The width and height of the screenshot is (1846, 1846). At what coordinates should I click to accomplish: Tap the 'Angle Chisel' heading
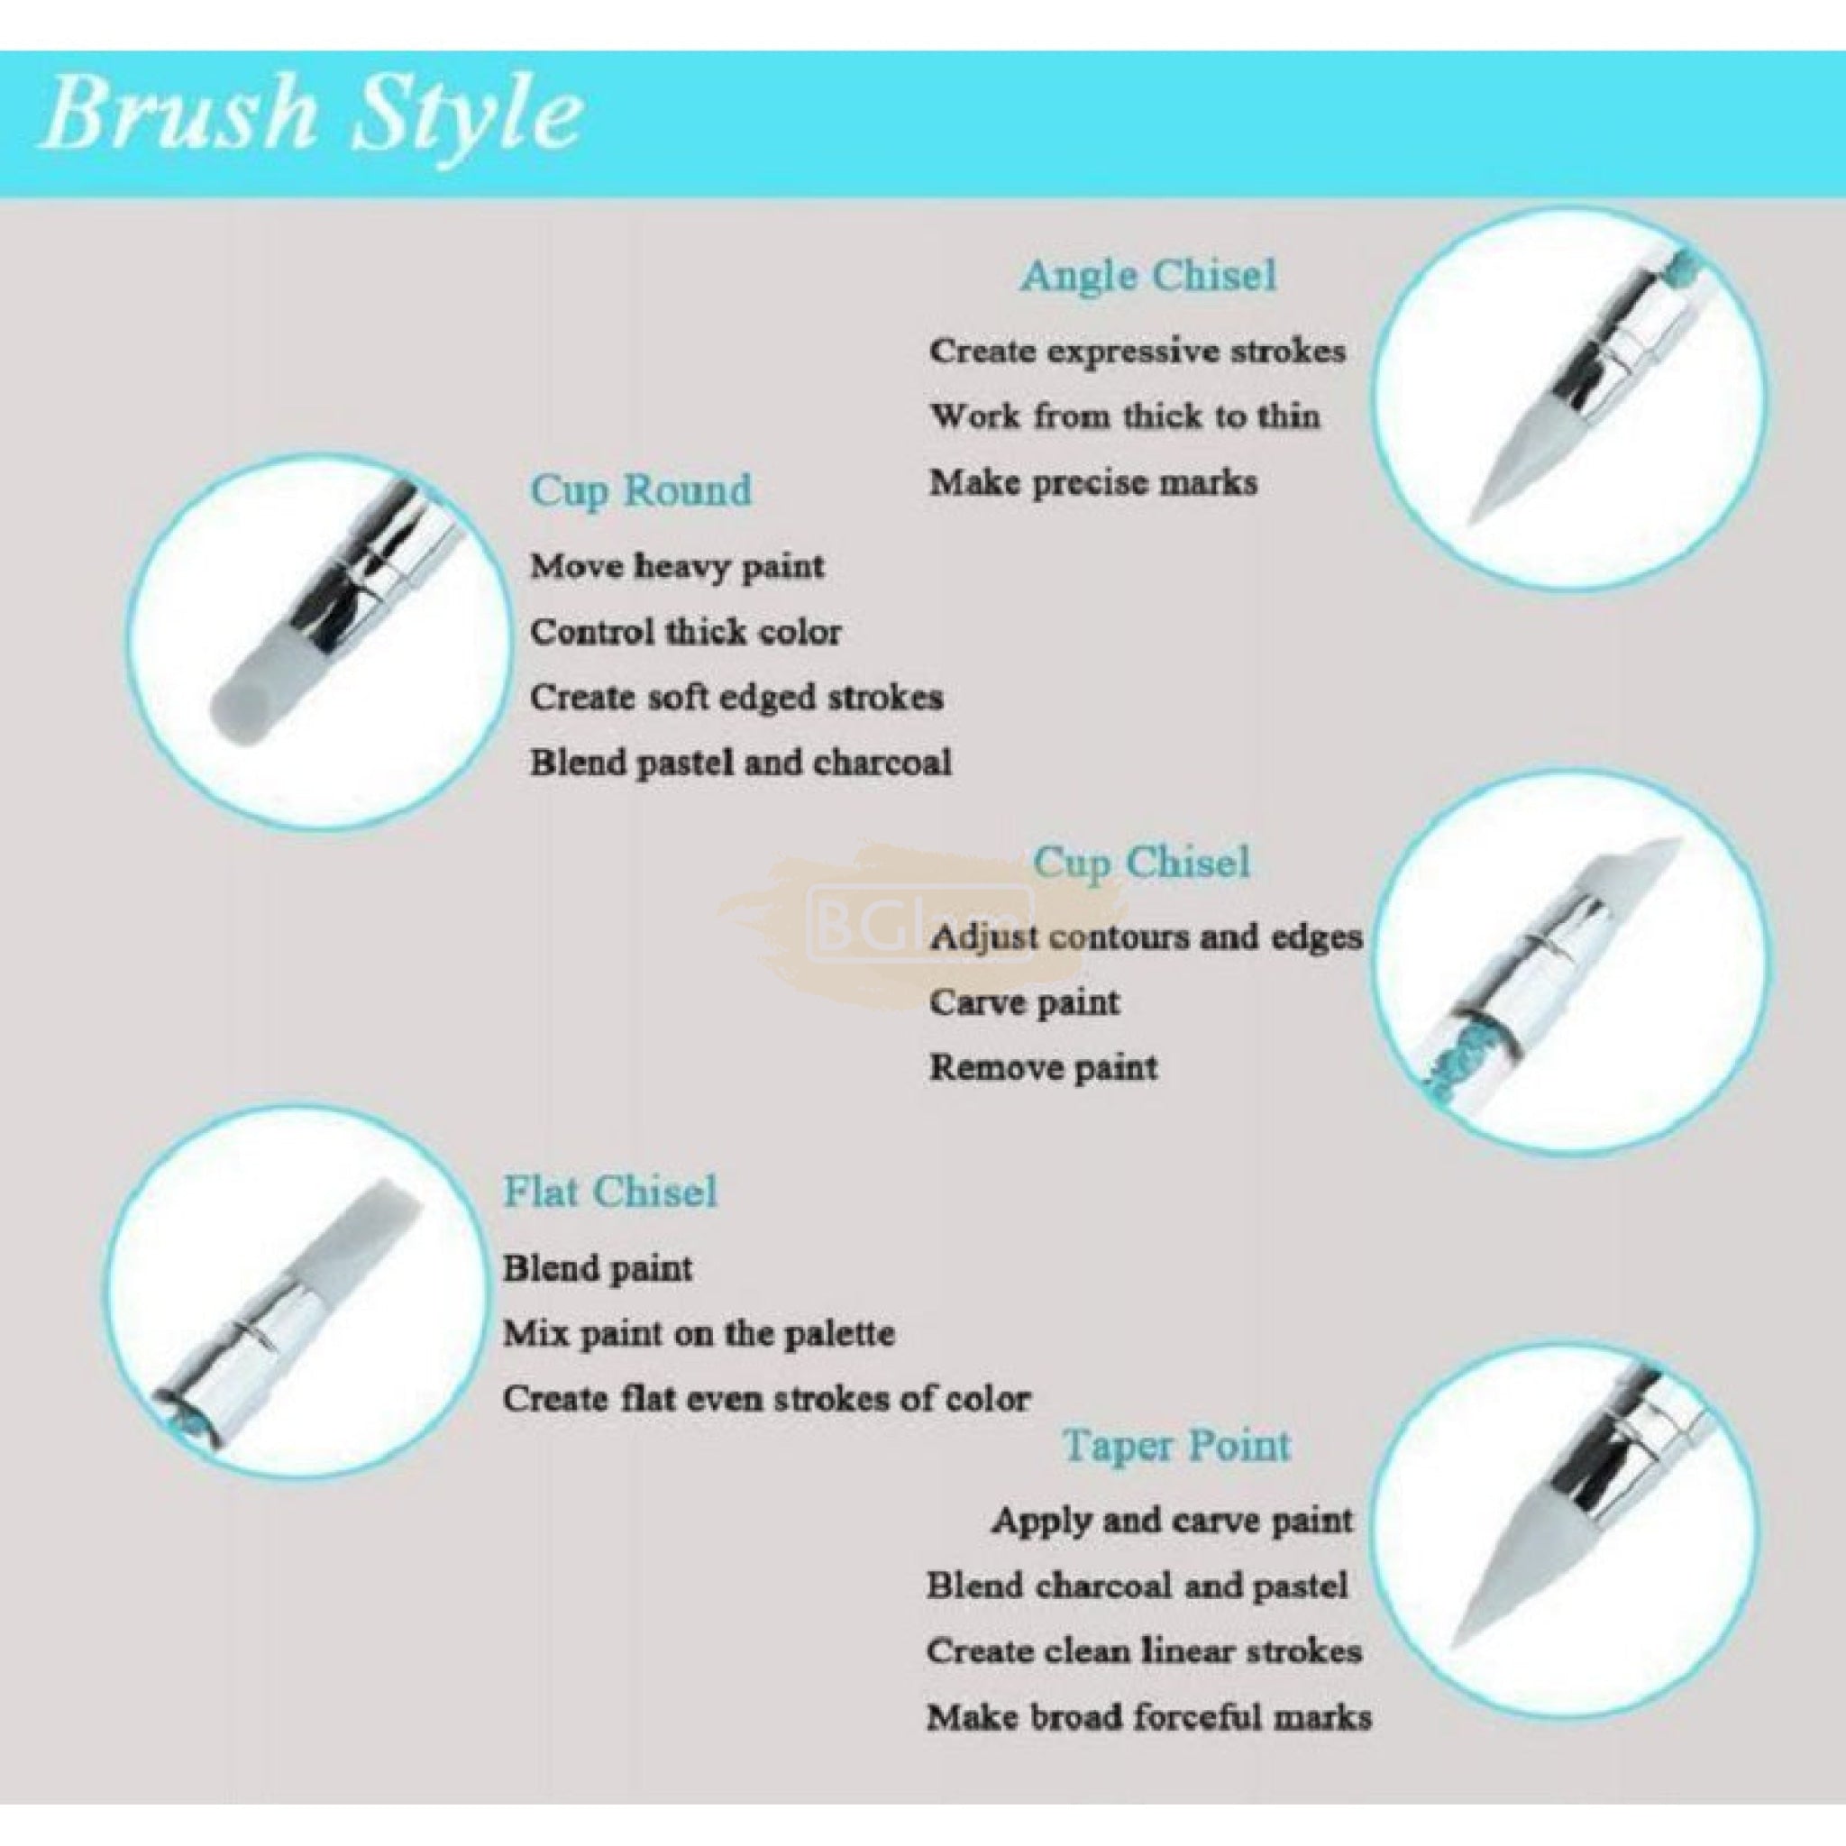click(1147, 276)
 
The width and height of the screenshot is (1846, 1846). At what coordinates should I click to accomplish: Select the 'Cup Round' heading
click(641, 491)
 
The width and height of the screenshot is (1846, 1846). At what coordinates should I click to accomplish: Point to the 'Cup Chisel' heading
click(1142, 862)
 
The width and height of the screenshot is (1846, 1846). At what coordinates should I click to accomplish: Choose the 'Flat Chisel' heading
click(609, 1192)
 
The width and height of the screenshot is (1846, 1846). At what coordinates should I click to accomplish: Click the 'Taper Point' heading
click(1177, 1446)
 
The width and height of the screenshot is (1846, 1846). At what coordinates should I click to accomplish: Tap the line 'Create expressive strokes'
click(1137, 352)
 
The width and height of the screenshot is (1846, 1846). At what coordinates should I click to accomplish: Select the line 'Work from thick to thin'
click(1125, 416)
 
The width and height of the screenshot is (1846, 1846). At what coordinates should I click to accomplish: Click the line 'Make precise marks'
click(1093, 482)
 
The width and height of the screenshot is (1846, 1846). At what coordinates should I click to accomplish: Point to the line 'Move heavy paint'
click(678, 567)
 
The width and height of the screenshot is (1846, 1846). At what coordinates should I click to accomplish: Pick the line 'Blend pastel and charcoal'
click(741, 763)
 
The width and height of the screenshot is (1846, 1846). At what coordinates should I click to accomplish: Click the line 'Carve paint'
click(1023, 1002)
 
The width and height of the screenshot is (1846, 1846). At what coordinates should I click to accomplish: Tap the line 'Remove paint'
click(1044, 1067)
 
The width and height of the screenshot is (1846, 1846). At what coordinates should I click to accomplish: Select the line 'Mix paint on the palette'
click(699, 1333)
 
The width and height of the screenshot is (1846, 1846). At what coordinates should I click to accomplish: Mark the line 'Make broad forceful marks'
click(1148, 1717)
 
